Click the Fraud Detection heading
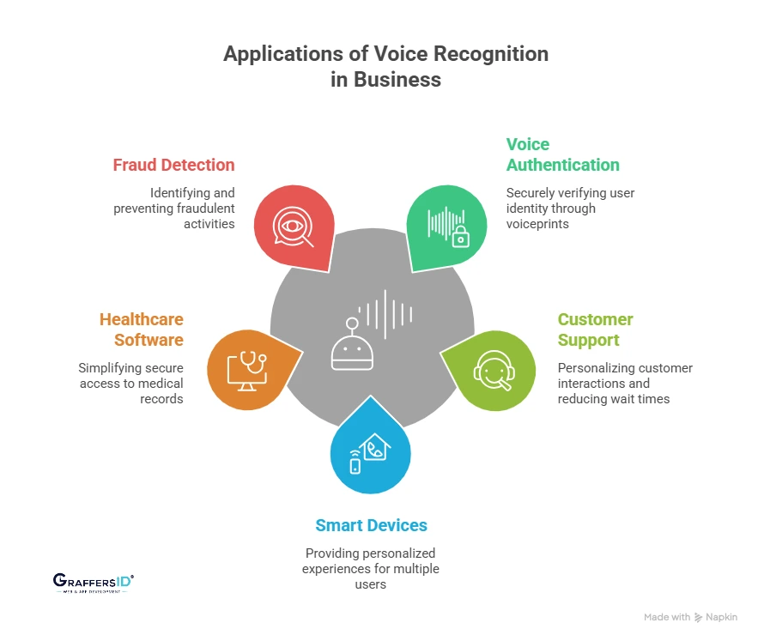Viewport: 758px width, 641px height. [x=173, y=165]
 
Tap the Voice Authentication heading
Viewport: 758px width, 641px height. [x=562, y=154]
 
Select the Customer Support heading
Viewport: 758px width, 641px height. [x=595, y=330]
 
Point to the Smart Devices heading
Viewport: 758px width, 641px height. [x=371, y=525]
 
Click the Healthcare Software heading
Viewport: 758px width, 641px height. [x=142, y=330]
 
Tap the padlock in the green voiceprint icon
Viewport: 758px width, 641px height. [x=461, y=239]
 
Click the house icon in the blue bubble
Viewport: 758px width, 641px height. [x=375, y=447]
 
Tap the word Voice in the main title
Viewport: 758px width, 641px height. [x=400, y=53]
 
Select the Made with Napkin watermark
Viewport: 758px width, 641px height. [x=690, y=617]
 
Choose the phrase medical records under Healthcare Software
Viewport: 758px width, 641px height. [x=149, y=391]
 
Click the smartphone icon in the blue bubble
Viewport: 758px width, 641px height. [x=355, y=465]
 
